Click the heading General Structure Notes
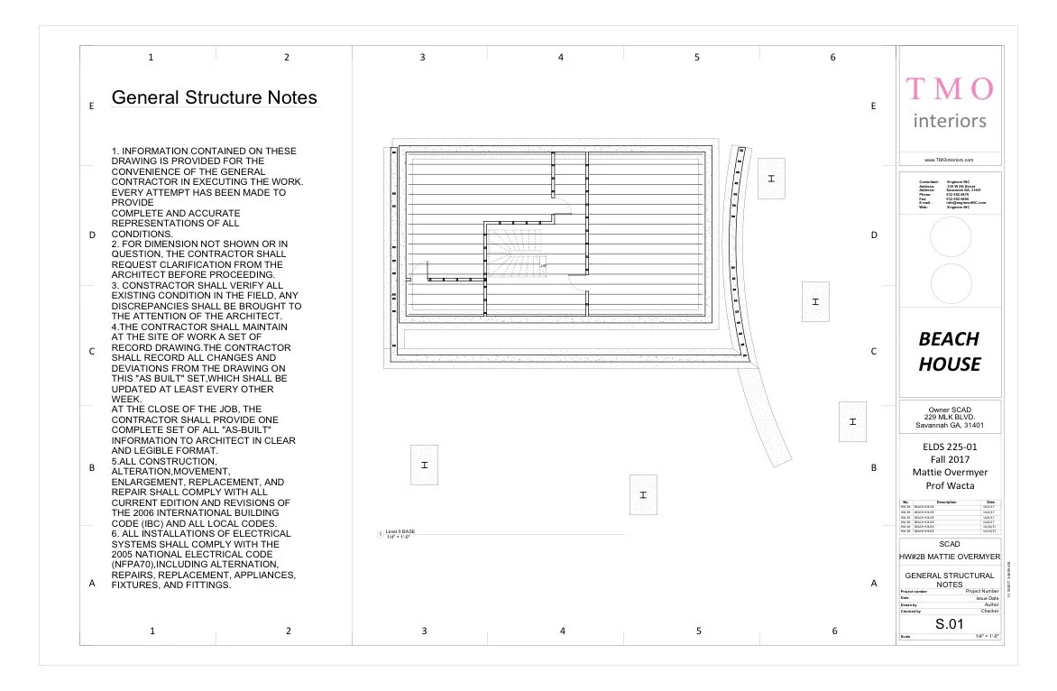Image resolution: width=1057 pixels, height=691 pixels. (x=214, y=97)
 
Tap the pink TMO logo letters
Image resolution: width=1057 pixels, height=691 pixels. (x=950, y=88)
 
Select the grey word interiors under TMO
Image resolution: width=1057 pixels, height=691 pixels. (x=950, y=121)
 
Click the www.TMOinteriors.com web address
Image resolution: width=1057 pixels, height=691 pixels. (x=950, y=159)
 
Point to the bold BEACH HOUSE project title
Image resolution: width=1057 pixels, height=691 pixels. (x=949, y=352)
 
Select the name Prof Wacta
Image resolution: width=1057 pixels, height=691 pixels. (x=950, y=485)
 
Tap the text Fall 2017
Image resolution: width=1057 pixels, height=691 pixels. (x=950, y=459)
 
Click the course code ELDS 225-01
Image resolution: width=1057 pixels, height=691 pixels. (x=950, y=446)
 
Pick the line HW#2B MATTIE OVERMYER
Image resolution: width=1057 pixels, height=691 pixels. (x=950, y=557)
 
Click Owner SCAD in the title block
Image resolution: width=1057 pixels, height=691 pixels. (x=950, y=410)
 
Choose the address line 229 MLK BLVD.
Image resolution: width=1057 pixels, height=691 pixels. (x=950, y=418)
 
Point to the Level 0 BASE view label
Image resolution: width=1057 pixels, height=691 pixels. (x=400, y=532)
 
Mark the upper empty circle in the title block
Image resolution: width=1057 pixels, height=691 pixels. (x=950, y=236)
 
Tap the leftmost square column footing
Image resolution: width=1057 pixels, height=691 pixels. (x=424, y=465)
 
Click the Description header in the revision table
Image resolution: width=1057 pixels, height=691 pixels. (x=946, y=502)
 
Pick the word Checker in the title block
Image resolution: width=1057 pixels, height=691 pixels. (x=989, y=611)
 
